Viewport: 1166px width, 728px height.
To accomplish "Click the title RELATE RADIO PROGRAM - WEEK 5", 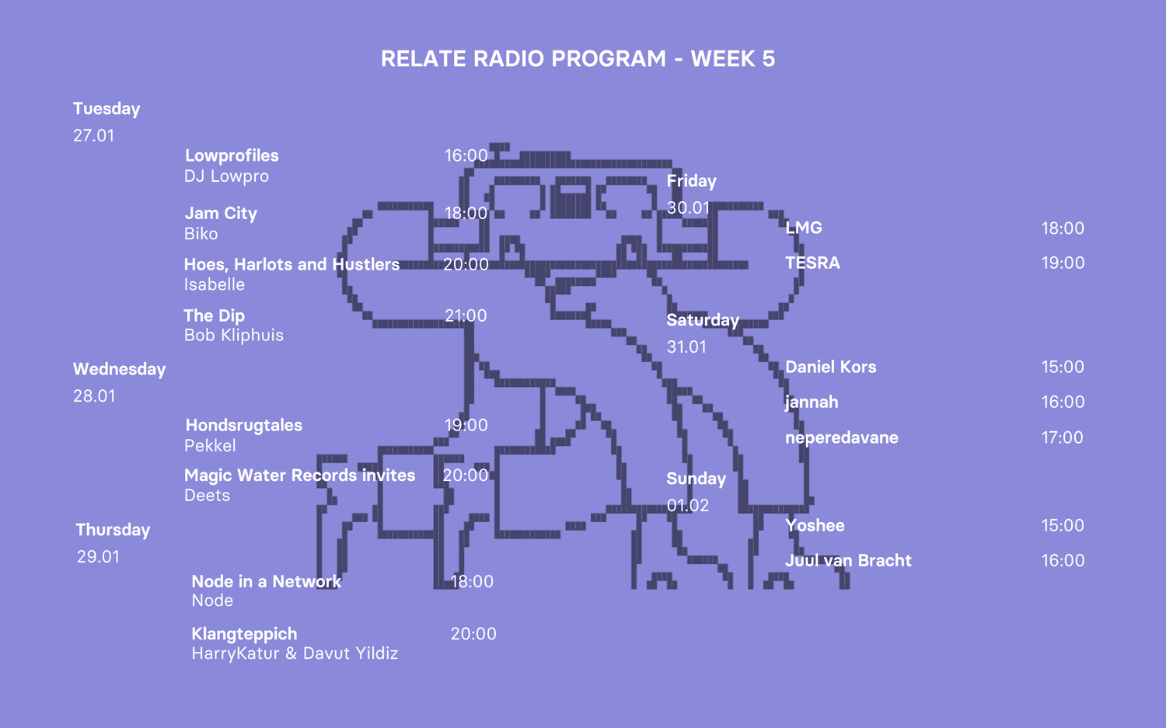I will [578, 59].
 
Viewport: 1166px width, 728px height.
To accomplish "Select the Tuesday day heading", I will [106, 109].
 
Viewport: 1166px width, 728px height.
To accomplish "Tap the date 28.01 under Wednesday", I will [94, 396].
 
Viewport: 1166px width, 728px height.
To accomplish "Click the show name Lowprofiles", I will [232, 155].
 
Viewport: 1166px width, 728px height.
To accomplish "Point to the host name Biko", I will [201, 234].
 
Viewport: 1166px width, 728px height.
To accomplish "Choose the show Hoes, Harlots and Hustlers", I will [291, 264].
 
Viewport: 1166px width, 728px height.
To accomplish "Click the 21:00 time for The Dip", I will [466, 315].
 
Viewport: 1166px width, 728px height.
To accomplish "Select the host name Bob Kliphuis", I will [233, 336].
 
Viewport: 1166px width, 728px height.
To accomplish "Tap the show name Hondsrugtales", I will [243, 425].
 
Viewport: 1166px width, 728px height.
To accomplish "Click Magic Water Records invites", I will [299, 475].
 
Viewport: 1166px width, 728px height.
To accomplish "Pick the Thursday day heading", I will [113, 530].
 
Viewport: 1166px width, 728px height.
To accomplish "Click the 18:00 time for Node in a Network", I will [472, 581].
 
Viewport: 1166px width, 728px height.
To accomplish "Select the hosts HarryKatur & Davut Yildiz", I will [295, 653].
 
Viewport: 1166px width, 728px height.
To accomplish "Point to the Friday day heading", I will [691, 181].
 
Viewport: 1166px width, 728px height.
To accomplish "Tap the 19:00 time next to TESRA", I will [1063, 263].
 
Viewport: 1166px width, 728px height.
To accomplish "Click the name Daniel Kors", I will [830, 367].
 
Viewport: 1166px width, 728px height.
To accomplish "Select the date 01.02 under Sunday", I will [688, 506].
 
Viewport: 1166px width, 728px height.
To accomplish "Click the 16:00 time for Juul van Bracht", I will [1063, 560].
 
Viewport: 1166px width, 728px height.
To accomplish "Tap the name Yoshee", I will [815, 525].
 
